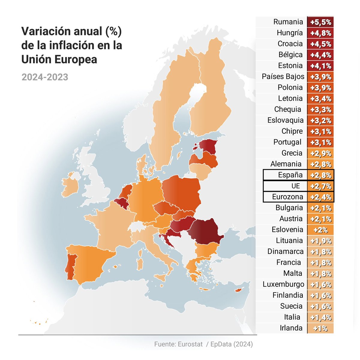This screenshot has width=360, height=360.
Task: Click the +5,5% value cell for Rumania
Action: [320, 22]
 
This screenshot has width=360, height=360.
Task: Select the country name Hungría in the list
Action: [289, 33]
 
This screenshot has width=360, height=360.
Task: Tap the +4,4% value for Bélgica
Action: [320, 55]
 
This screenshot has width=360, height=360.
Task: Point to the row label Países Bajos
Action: [283, 76]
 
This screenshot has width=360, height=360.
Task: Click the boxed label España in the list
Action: [290, 175]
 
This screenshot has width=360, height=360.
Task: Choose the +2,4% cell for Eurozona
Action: [320, 197]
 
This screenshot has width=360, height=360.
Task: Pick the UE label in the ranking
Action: [295, 186]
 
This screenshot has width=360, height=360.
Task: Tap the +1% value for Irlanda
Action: [320, 328]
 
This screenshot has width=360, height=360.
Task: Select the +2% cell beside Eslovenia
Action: [320, 230]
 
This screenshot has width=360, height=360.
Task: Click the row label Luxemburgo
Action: [283, 284]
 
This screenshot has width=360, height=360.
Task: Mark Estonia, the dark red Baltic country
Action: [208, 147]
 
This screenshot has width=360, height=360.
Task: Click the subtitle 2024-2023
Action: [45, 77]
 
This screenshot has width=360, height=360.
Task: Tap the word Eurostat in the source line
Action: [190, 344]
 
